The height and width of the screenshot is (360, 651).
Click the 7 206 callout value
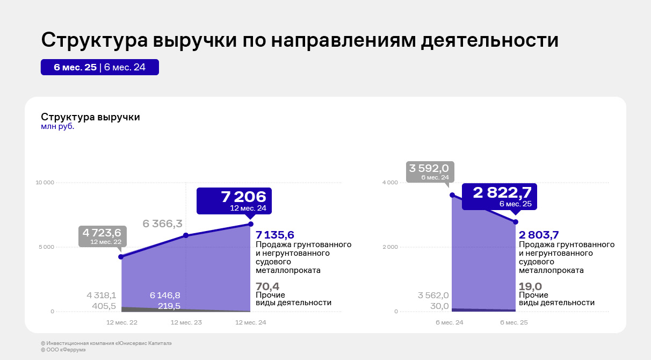point(243,197)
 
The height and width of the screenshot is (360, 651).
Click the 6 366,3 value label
point(162,224)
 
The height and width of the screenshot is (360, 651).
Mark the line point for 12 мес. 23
point(186,235)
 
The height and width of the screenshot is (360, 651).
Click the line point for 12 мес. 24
point(251,224)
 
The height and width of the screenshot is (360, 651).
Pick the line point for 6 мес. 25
point(516,222)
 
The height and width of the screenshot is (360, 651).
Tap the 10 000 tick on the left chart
point(45,183)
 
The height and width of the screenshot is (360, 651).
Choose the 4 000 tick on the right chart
point(390,183)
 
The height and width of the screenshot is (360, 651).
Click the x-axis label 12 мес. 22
point(122,323)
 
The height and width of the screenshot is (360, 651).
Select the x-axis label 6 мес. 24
point(449,323)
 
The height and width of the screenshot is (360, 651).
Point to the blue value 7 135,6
point(275,235)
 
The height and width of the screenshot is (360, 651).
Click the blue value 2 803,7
point(539,235)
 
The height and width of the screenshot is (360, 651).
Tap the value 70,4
point(267,286)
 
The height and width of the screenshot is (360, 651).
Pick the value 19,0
point(530,286)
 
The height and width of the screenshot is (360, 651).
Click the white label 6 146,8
point(165,296)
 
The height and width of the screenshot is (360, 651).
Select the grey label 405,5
point(104,306)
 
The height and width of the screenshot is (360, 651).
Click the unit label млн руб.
point(57,127)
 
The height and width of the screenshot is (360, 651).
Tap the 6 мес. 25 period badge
point(75,67)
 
